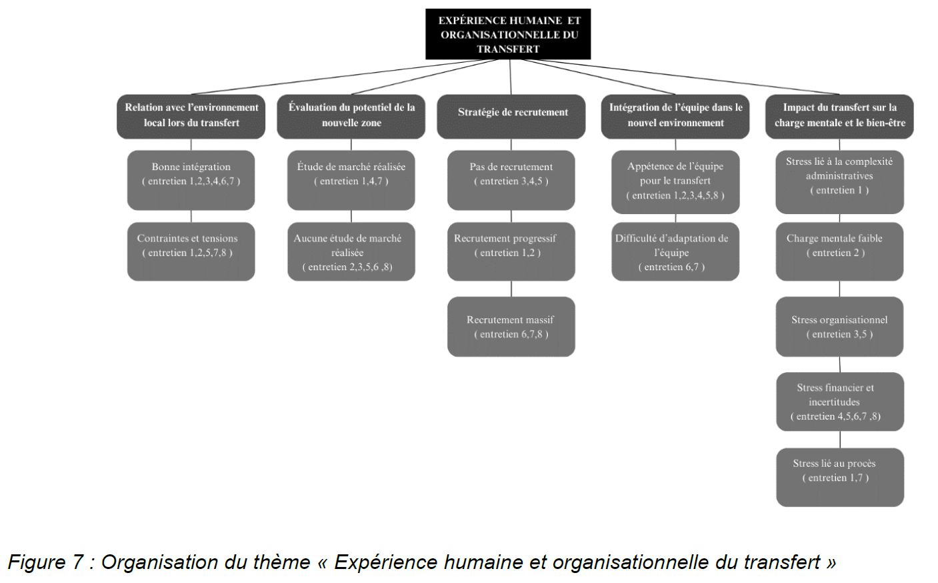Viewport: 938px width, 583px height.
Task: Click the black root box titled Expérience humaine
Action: [508, 34]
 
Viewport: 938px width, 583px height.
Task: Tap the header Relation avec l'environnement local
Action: [191, 116]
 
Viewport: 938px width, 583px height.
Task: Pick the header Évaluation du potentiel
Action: [351, 116]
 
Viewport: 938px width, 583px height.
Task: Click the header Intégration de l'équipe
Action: [675, 116]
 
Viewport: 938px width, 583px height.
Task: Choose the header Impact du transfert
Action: [839, 116]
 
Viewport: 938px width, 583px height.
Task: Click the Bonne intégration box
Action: [191, 179]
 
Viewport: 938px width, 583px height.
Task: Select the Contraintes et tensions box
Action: [191, 251]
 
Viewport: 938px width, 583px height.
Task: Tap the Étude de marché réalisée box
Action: [351, 179]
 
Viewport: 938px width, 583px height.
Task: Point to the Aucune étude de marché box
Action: [351, 251]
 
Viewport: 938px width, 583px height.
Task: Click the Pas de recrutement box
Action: [511, 179]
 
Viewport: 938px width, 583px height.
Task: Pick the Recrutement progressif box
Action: [511, 251]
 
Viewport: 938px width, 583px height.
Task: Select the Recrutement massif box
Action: [511, 326]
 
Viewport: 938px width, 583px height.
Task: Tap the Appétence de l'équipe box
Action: [675, 181]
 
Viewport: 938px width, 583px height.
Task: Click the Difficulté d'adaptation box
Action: [675, 251]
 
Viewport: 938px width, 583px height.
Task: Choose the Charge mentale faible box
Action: [839, 251]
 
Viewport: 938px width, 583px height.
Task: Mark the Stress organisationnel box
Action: [839, 326]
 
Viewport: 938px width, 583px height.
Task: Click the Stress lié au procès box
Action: [839, 477]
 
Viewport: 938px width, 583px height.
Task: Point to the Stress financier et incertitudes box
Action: [839, 402]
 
